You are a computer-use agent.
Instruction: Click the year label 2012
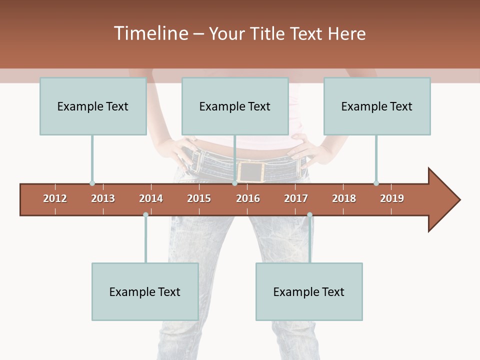(x=55, y=198)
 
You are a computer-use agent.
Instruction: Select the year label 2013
(x=103, y=198)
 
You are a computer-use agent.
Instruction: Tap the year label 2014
(x=151, y=198)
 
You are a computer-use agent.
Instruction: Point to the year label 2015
(x=199, y=198)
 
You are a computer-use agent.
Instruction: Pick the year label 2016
(x=248, y=198)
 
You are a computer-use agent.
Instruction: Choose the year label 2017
(x=296, y=198)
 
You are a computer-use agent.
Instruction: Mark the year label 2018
(x=344, y=198)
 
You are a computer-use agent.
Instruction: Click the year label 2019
(x=392, y=198)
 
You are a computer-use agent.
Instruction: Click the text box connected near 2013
(x=93, y=106)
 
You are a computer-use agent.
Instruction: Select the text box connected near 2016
(x=235, y=106)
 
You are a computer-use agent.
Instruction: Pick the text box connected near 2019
(x=377, y=106)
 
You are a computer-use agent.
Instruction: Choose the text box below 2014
(x=145, y=291)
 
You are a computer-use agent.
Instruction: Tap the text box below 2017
(x=309, y=291)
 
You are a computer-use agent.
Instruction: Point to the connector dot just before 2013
(x=92, y=183)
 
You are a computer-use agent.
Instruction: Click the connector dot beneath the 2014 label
(x=145, y=214)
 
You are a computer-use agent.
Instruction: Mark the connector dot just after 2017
(x=309, y=214)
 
